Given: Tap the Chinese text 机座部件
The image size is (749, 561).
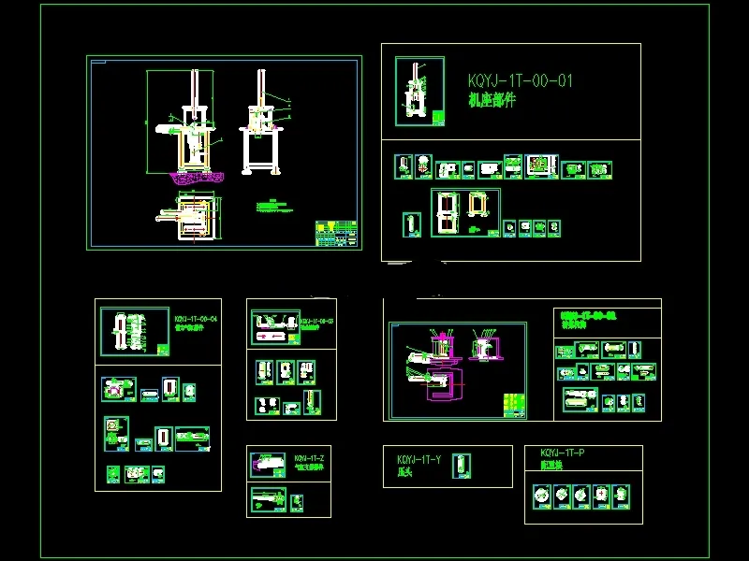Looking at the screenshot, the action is click(492, 100).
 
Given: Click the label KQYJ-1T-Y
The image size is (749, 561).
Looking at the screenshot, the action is click(419, 460).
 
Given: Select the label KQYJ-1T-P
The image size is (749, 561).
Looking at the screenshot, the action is click(563, 453).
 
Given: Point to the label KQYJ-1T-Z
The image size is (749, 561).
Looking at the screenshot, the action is click(310, 458).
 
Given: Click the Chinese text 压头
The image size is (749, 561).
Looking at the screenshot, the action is click(406, 473).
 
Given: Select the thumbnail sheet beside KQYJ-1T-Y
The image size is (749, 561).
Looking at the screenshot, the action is click(460, 466).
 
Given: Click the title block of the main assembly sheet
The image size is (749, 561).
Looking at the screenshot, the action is click(336, 230).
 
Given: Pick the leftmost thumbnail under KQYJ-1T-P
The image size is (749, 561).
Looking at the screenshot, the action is click(541, 495).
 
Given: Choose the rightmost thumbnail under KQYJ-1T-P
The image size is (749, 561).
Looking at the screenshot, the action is click(622, 495).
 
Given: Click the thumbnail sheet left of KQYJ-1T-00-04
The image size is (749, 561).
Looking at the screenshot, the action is click(128, 331).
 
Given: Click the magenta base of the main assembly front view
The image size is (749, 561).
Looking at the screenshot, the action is click(194, 175).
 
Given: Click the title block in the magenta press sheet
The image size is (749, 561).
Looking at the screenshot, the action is click(513, 404).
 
